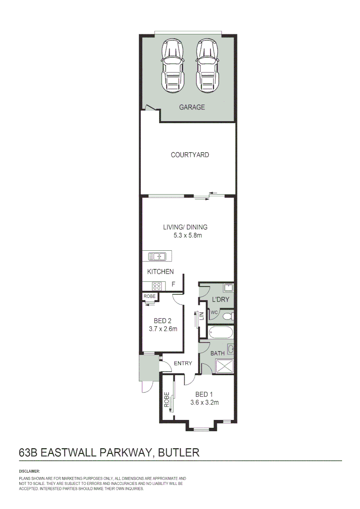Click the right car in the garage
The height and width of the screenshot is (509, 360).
[207, 66]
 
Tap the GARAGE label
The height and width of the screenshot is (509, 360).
[192, 107]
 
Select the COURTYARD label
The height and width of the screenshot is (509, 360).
[189, 155]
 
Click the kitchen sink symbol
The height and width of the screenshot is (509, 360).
[157, 256]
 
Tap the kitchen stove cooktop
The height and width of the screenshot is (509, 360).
[157, 285]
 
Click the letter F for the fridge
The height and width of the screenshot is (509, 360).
[173, 284]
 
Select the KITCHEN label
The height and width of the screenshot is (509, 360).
[160, 271]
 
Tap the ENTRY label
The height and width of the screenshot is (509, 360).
[183, 363]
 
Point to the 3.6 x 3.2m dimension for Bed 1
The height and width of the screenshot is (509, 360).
[204, 402]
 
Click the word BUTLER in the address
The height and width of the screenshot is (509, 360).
[179, 452]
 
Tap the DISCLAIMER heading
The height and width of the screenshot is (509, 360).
[29, 471]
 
